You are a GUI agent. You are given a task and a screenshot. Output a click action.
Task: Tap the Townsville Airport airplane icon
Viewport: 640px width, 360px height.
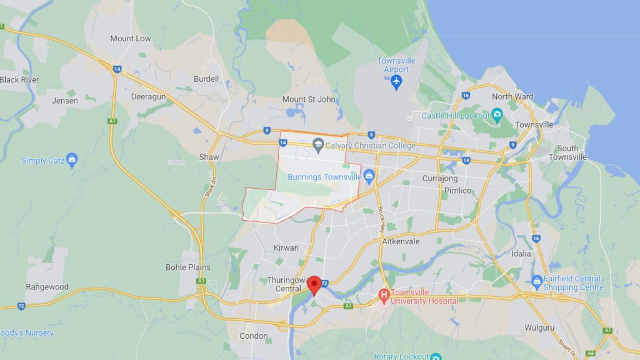click(x=396, y=82)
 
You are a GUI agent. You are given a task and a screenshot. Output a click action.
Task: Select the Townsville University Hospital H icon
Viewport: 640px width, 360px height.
click(x=384, y=294)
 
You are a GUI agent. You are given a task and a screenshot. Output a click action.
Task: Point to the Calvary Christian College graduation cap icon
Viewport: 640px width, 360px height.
click(x=318, y=145)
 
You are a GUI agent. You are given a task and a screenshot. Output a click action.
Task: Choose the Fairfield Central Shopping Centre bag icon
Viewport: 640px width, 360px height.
click(x=537, y=282)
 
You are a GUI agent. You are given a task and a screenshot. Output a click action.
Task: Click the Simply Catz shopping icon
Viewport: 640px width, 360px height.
click(x=72, y=160)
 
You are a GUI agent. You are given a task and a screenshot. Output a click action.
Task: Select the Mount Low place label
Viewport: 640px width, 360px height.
click(x=131, y=39)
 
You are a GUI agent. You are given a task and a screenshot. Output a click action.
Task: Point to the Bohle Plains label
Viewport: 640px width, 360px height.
click(x=187, y=267)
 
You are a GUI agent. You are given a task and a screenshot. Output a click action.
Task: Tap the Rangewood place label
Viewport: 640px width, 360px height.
click(x=47, y=287)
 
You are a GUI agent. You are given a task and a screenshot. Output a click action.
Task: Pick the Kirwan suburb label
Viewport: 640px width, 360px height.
click(x=286, y=248)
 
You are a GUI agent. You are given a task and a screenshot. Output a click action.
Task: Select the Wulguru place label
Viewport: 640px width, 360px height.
click(x=540, y=327)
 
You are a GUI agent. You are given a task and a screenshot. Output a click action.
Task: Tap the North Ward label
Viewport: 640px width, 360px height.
click(x=512, y=96)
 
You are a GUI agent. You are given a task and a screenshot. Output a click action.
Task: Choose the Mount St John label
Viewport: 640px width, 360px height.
click(x=309, y=99)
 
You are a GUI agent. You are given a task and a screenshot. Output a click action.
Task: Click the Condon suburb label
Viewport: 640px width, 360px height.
click(x=254, y=336)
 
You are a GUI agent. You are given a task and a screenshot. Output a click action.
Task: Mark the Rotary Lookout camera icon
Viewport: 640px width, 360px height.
click(x=436, y=356)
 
